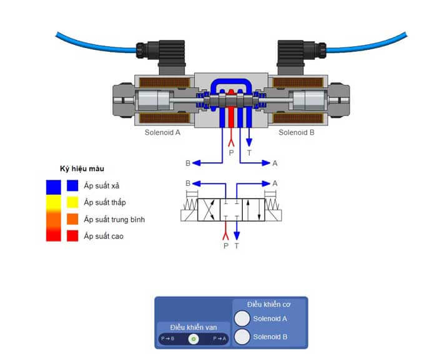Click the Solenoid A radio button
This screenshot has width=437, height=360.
coord(242,318)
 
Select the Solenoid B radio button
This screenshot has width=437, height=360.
coord(242,337)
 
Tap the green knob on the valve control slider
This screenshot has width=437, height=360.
coord(194,339)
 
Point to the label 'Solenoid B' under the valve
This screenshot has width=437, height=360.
coord(297,132)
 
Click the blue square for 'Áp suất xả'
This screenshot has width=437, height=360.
coord(72,185)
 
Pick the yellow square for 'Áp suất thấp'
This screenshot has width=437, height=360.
coord(72,202)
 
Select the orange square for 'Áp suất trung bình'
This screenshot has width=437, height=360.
coord(72,219)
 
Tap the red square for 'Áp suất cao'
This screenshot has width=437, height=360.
coord(72,236)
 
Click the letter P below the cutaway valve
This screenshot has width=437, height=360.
coord(231,152)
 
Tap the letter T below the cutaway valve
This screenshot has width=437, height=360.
coord(250,152)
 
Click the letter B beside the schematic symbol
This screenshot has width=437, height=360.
coord(187,183)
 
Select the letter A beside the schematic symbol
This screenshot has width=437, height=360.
coord(275,183)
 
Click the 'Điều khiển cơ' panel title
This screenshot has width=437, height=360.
coord(269,304)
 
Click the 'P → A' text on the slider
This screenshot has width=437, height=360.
coord(220,339)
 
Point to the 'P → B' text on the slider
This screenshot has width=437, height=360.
coord(167,339)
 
